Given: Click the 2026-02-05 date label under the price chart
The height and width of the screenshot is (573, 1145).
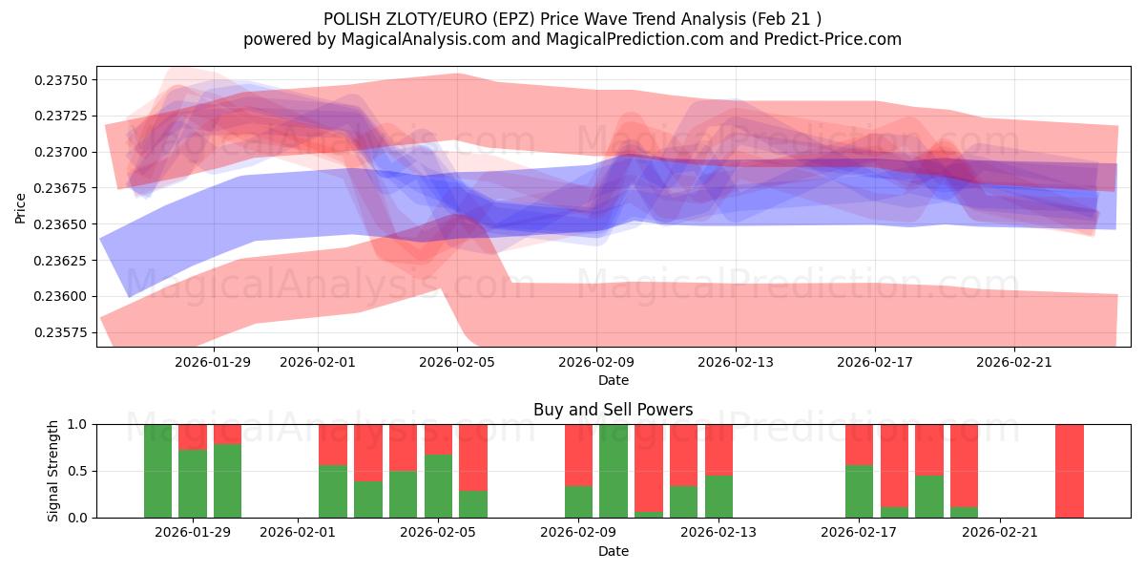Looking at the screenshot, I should point(457,362).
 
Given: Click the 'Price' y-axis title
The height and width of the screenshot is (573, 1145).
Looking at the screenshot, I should point(21,208).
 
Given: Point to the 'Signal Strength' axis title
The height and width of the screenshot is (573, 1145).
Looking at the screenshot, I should point(53,471).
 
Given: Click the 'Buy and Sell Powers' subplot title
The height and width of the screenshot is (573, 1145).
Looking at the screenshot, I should point(613,410).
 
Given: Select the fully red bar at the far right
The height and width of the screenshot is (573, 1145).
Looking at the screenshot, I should point(1070,471).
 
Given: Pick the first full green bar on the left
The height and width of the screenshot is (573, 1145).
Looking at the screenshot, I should point(158,471).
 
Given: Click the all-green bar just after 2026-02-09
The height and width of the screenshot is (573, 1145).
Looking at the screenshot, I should point(614,471).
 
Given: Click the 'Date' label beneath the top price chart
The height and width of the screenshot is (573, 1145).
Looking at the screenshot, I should point(613,380).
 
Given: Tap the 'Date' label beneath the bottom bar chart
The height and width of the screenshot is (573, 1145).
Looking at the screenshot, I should point(613,551).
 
